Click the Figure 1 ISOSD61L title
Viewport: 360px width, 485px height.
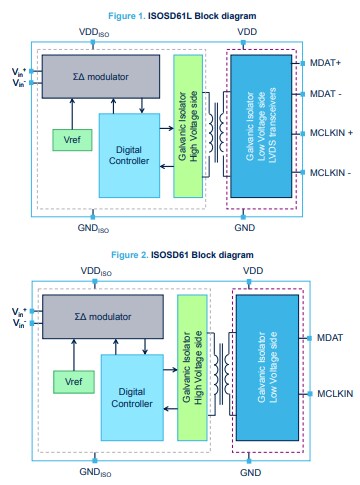[180, 17]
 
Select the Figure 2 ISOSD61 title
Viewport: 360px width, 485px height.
[180, 255]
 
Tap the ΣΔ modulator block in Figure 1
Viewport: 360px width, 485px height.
[99, 75]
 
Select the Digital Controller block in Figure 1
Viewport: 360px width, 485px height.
[115, 155]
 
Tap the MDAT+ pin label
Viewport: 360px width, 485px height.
[326, 61]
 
